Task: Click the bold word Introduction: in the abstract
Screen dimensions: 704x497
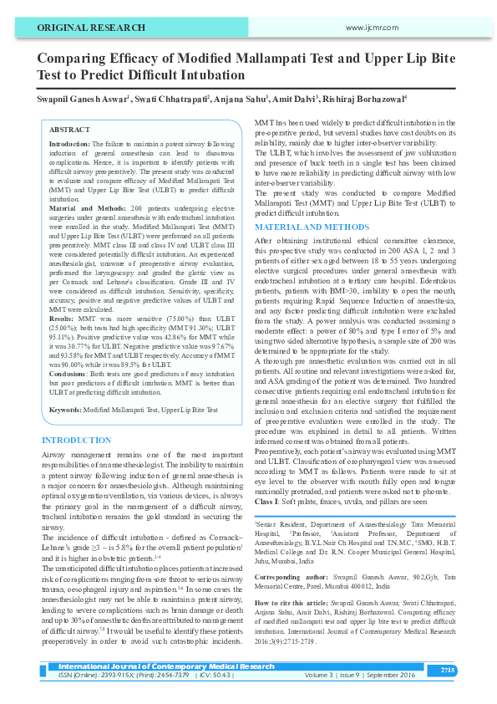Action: pos(70,145)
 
